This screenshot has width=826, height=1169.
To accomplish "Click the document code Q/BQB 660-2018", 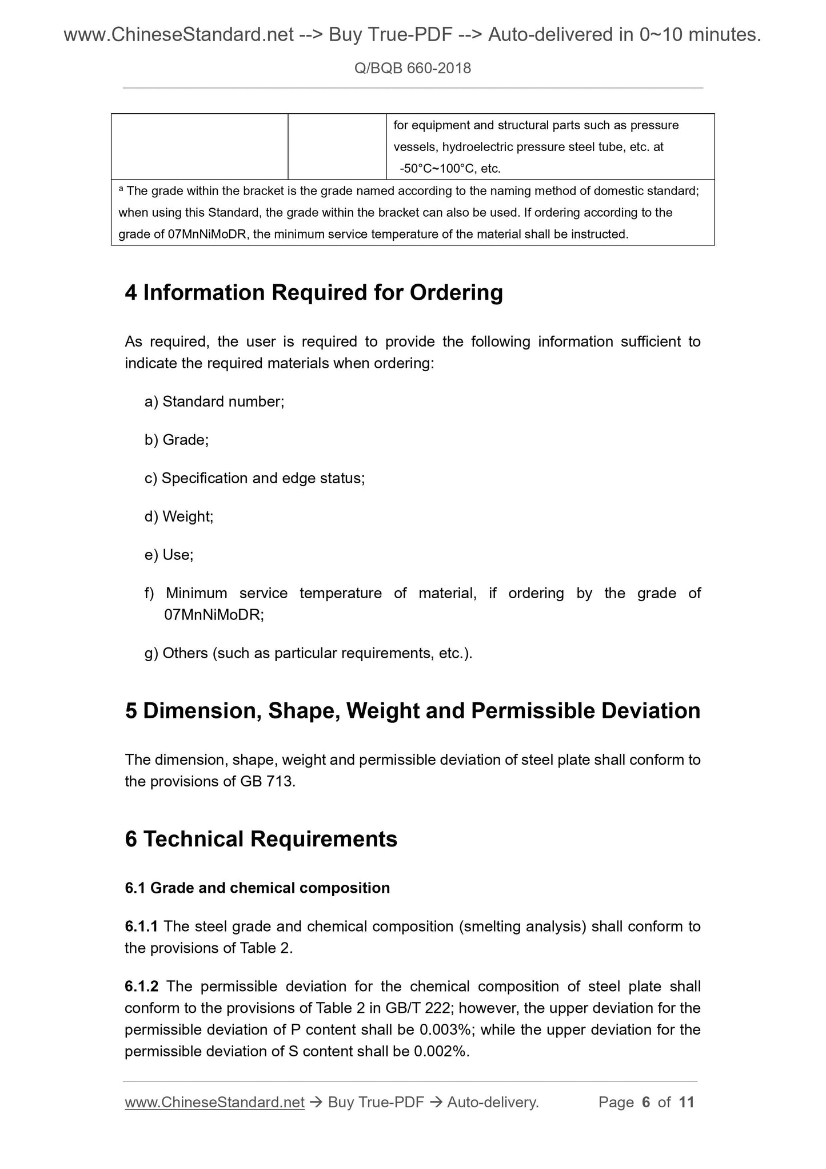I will pyautogui.click(x=412, y=69).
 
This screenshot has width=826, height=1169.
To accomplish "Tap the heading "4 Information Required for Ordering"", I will pyautogui.click(x=314, y=292).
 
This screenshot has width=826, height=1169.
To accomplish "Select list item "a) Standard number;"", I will pyautogui.click(x=214, y=401).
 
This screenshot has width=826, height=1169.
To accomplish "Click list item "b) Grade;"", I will pyautogui.click(x=177, y=440).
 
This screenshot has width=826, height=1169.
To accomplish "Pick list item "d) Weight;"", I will pyautogui.click(x=179, y=516).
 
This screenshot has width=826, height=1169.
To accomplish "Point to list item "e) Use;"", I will pyautogui.click(x=169, y=555).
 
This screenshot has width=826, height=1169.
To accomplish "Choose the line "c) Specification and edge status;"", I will pyautogui.click(x=254, y=478).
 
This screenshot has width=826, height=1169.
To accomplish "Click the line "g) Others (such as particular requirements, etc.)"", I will pyautogui.click(x=309, y=653).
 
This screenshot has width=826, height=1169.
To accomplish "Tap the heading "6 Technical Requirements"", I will pyautogui.click(x=261, y=839).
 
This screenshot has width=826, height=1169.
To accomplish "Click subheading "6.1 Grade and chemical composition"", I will pyautogui.click(x=257, y=888).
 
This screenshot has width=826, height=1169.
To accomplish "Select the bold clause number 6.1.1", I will pyautogui.click(x=141, y=926).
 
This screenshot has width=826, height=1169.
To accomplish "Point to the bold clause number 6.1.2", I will pyautogui.click(x=141, y=987).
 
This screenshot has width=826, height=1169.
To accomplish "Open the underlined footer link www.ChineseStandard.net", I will pyautogui.click(x=214, y=1102).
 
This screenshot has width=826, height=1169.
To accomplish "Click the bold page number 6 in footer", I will pyautogui.click(x=646, y=1102).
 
